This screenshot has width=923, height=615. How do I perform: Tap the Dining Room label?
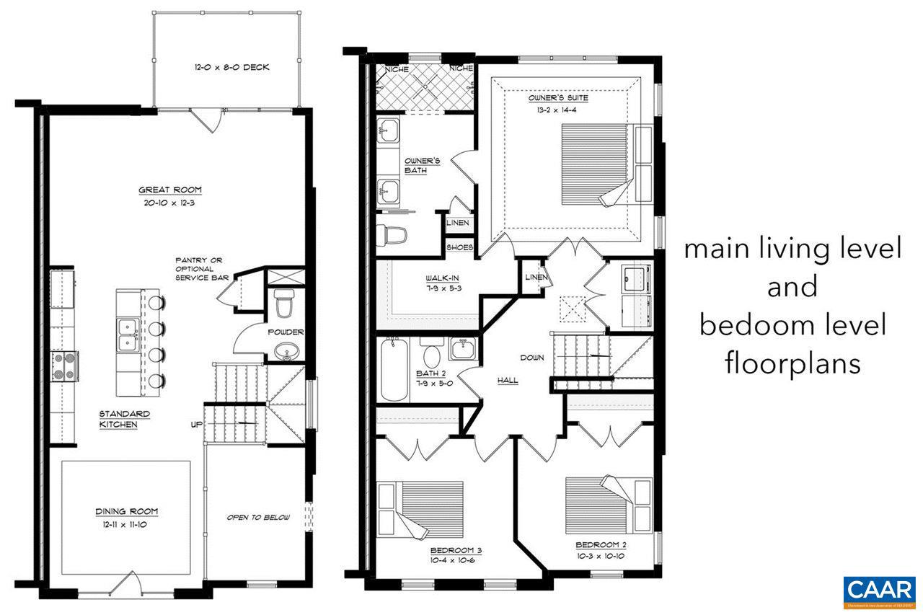tap(126, 511)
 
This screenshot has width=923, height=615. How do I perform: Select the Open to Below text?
tap(258, 517)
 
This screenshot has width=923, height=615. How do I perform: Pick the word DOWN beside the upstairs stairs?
tap(532, 358)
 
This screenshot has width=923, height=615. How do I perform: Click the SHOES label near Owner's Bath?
tap(459, 247)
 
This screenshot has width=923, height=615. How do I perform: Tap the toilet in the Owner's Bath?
tap(392, 234)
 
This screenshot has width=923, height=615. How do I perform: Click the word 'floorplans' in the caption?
tap(792, 363)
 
